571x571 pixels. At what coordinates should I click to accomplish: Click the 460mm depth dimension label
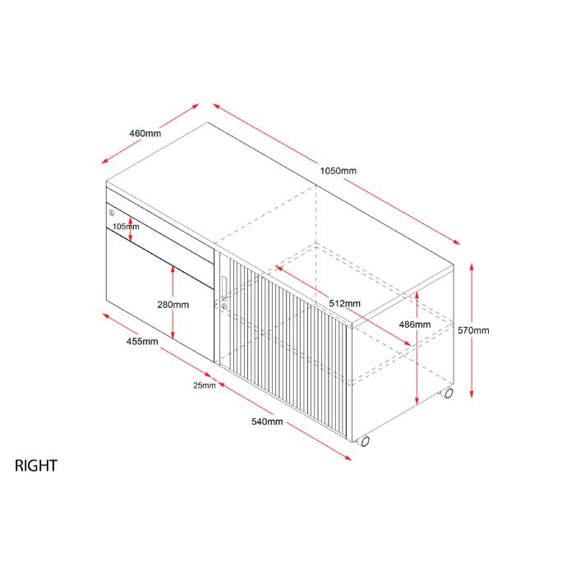145,133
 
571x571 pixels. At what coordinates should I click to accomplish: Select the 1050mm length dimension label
338,171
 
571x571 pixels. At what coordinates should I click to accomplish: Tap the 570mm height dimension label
473,330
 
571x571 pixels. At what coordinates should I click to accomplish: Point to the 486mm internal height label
414,325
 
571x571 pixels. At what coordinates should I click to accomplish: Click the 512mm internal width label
343,303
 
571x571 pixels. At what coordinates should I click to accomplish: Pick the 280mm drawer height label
173,304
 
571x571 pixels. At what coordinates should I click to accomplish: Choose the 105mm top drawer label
126,226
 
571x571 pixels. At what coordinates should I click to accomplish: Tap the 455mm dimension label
142,342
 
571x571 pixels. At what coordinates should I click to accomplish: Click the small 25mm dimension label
205,385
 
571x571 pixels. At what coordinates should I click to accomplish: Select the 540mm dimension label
267,421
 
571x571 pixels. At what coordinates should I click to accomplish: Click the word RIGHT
36,466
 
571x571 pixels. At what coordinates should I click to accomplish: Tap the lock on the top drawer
111,214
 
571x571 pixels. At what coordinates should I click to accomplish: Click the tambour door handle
223,283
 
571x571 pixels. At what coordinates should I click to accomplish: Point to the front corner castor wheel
364,441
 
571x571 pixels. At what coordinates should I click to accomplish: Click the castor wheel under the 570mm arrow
448,394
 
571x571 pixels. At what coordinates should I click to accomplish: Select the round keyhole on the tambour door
223,306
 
